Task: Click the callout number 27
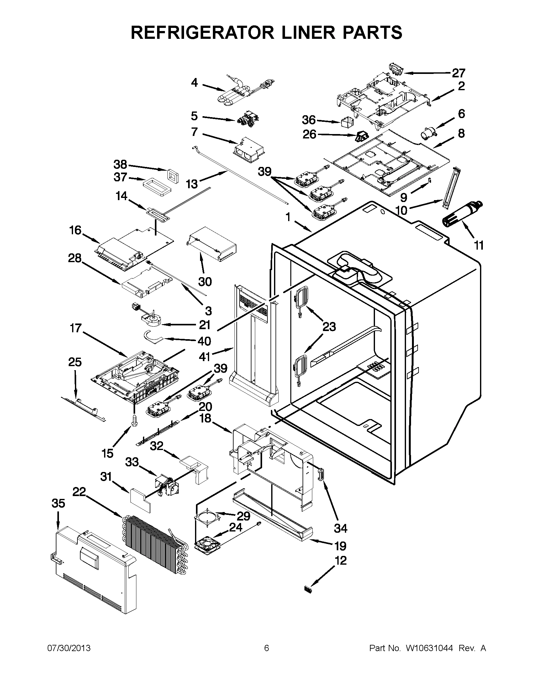(458, 73)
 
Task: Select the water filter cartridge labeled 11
(462, 214)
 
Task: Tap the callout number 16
(75, 230)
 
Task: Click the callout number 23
(329, 327)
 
